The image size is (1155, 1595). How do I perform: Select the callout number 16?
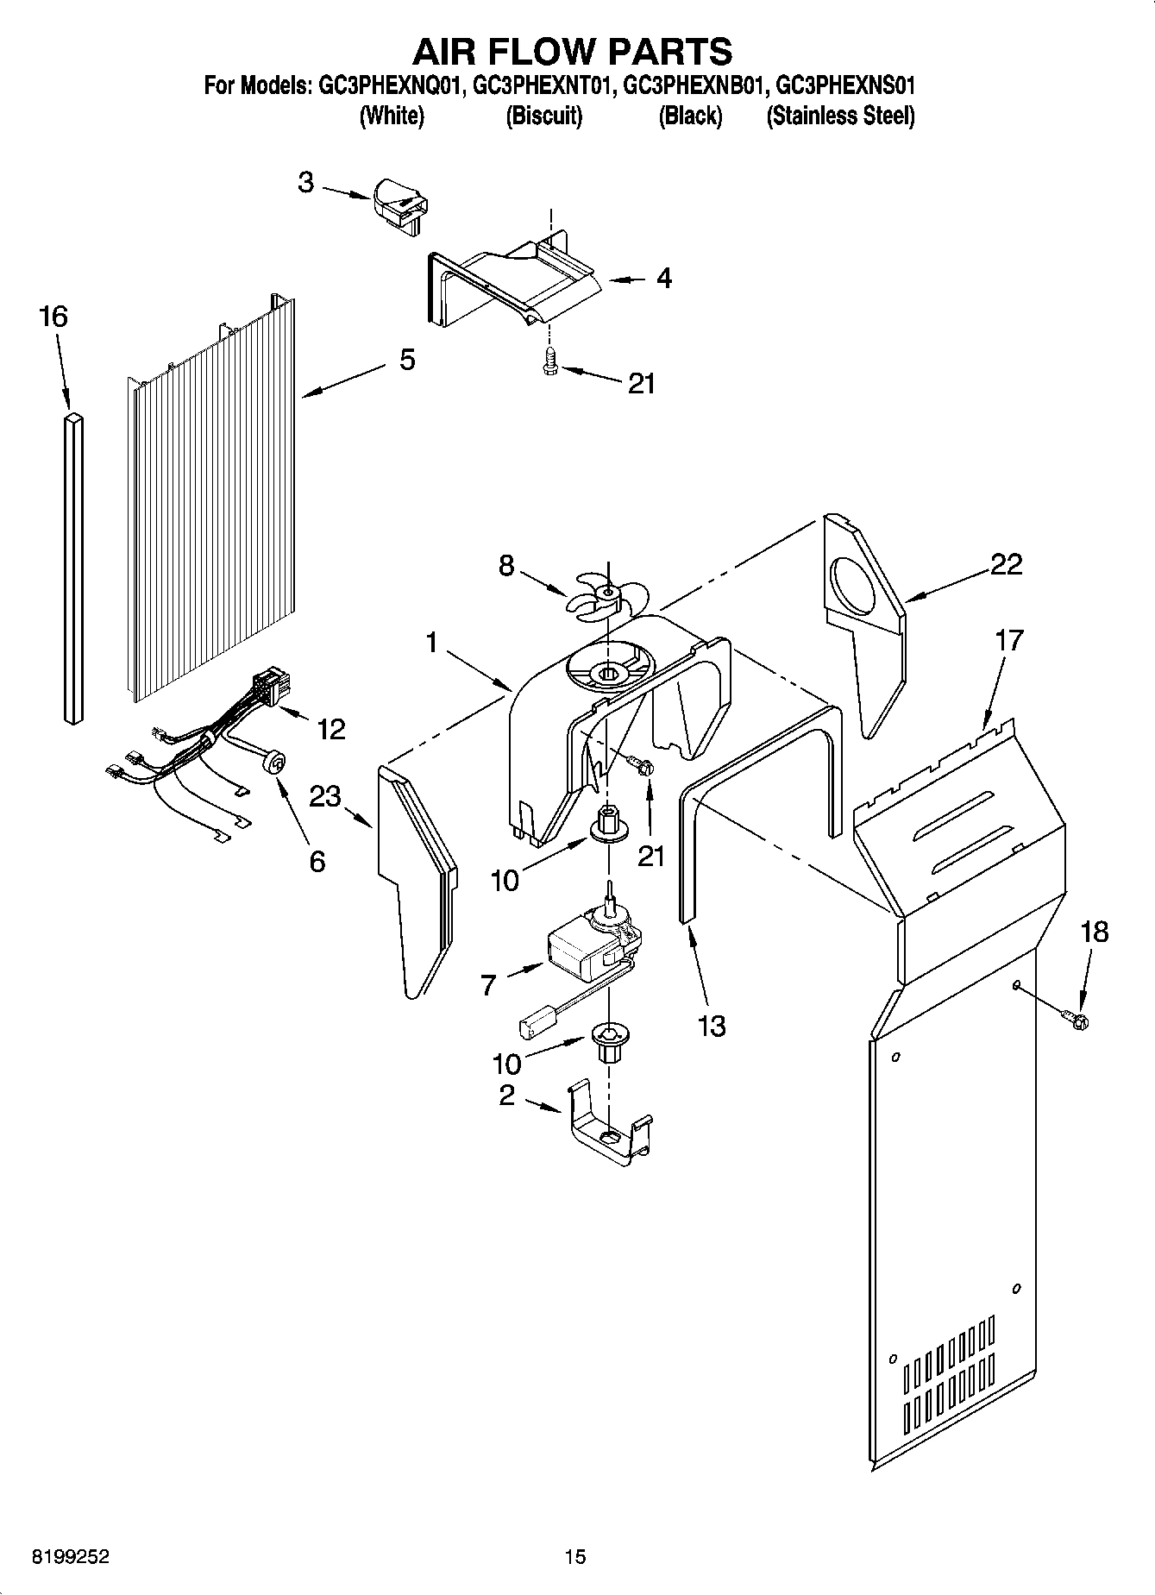click(53, 317)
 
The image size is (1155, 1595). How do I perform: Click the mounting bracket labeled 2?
click(608, 1130)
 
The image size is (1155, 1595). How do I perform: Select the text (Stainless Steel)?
click(840, 116)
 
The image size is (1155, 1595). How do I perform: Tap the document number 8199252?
click(70, 1557)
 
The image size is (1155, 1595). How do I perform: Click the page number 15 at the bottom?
click(575, 1557)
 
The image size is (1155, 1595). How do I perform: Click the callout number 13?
click(712, 1026)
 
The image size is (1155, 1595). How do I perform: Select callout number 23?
click(325, 796)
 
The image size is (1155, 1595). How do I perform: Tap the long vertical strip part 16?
click(74, 565)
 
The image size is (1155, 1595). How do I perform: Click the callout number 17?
click(1008, 641)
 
